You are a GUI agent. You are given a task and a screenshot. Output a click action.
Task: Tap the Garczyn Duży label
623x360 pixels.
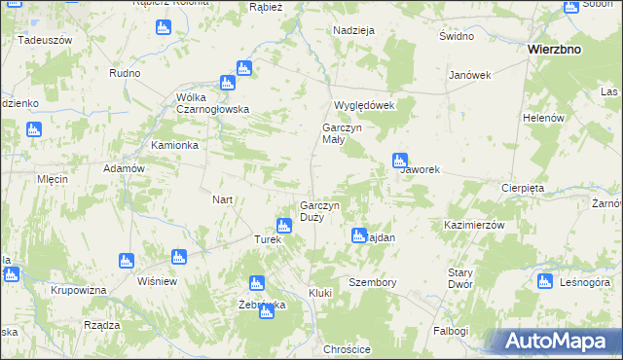point(320,211)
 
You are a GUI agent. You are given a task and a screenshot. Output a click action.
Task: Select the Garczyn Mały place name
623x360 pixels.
point(342,133)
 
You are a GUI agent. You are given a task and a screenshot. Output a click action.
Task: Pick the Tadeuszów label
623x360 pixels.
point(46,40)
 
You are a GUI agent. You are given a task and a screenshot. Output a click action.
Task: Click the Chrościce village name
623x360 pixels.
point(348,349)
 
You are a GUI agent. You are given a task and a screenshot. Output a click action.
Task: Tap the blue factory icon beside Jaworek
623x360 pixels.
point(399,161)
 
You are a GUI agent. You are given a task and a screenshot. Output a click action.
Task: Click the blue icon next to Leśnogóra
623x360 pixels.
point(544,282)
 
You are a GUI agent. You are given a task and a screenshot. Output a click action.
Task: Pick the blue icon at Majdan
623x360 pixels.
point(358,234)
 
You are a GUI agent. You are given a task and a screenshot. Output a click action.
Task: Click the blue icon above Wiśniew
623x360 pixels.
point(177,258)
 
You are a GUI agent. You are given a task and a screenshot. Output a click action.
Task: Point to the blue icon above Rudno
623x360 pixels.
point(162,27)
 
